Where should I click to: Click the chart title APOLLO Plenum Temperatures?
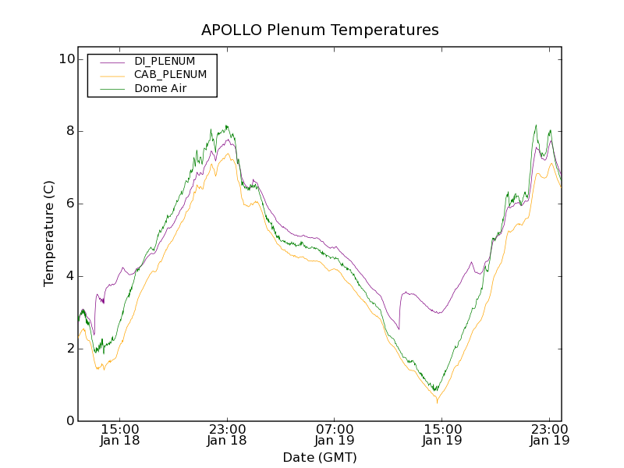point(320,30)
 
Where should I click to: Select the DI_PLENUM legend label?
point(165,61)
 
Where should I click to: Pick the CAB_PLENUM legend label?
point(170,75)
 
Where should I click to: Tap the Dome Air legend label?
point(161,88)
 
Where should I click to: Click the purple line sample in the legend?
point(110,61)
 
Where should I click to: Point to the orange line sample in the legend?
point(110,75)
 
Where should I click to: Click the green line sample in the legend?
point(110,88)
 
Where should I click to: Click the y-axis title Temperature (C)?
point(49,232)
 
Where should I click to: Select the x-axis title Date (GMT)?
point(320,457)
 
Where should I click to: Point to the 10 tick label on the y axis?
point(66,59)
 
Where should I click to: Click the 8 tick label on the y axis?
point(69,131)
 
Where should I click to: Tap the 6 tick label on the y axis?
point(69,204)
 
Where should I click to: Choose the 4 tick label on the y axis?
point(69,276)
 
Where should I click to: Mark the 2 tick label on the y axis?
point(69,349)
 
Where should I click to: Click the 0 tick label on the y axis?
point(69,421)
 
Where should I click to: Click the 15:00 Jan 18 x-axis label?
point(120,434)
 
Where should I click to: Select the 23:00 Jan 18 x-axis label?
point(227,434)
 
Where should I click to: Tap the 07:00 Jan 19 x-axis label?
point(335,434)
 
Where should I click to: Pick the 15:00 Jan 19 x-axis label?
point(441,434)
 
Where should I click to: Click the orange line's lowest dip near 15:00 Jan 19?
point(437,401)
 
